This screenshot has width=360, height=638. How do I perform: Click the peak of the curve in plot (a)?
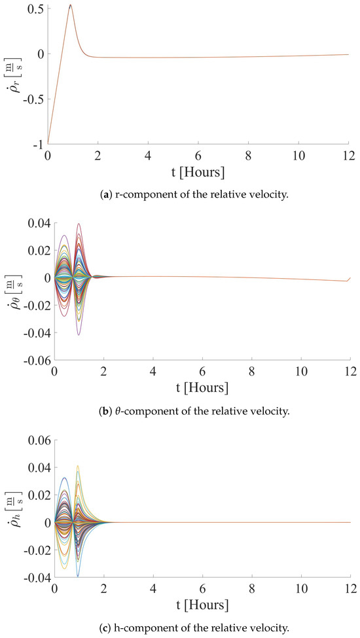(x=70, y=5)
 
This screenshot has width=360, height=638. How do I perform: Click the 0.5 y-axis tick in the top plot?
(x=35, y=9)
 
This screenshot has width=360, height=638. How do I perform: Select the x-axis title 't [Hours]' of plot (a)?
(x=198, y=173)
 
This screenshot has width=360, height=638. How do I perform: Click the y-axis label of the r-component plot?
(x=14, y=75)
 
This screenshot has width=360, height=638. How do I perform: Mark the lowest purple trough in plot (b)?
(x=79, y=335)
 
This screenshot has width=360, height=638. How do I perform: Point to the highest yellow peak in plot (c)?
(x=78, y=466)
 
